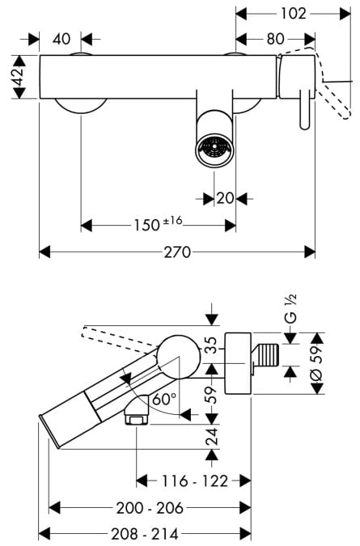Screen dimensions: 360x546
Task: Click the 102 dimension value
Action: (x=293, y=14)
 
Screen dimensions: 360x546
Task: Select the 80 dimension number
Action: (x=275, y=39)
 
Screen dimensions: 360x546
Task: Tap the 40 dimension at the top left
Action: (x=61, y=39)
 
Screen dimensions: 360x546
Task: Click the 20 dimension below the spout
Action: (x=225, y=198)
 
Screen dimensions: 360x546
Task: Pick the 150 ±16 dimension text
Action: (x=158, y=224)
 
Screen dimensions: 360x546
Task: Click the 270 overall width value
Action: (x=177, y=252)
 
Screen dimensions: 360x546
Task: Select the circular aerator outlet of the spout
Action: (x=214, y=150)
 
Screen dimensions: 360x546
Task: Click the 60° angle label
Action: (x=164, y=399)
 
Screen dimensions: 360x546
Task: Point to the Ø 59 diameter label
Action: (x=316, y=363)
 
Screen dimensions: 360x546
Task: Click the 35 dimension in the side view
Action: (x=211, y=345)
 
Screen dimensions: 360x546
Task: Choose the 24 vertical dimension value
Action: (x=211, y=436)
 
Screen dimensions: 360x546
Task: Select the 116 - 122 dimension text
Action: (x=195, y=481)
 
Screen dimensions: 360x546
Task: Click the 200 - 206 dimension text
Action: (x=150, y=508)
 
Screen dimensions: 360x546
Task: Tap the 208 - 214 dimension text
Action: (x=145, y=534)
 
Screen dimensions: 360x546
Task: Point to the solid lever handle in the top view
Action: (x=305, y=110)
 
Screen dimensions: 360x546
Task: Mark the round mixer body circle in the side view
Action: (x=179, y=358)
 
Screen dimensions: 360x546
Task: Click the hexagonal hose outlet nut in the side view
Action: (x=136, y=419)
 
